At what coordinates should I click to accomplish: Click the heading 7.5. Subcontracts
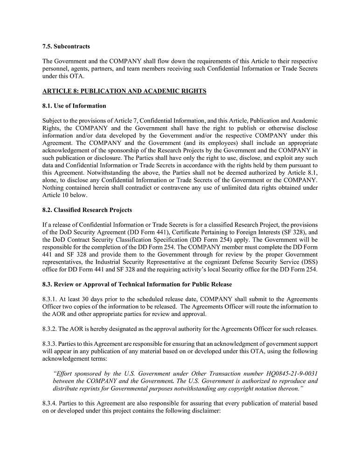[66, 47]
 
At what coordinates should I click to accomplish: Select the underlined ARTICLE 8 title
[124, 91]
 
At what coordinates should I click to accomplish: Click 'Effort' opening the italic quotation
[66, 374]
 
